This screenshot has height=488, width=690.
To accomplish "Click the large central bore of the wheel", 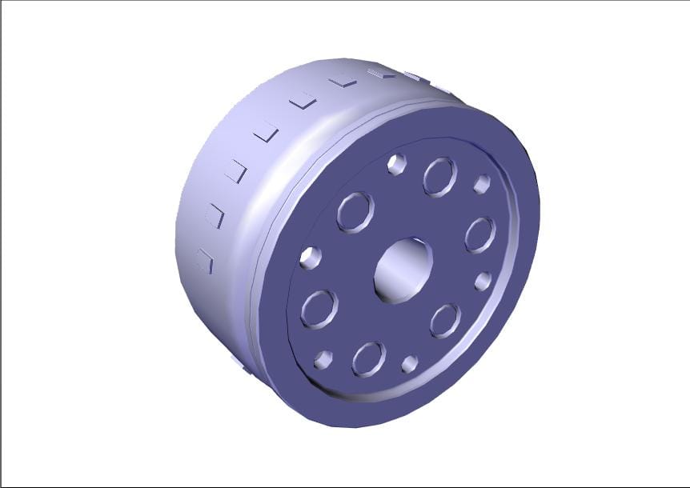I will (x=403, y=270).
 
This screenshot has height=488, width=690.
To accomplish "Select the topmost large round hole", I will (x=439, y=177).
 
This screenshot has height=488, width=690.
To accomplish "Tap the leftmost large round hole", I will (x=319, y=308).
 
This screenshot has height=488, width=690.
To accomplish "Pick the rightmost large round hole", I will (x=479, y=234).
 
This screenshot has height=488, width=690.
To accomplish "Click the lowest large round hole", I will (x=368, y=358).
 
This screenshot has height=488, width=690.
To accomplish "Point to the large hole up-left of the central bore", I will (x=355, y=212).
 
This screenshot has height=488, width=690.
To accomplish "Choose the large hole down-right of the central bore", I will (x=445, y=320).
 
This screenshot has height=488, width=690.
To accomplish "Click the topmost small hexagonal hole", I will (x=396, y=165).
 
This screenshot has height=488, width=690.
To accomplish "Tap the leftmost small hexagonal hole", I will (x=310, y=257).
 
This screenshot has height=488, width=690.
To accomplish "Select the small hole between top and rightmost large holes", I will (x=482, y=184).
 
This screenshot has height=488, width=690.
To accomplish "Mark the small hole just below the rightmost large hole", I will (x=483, y=281).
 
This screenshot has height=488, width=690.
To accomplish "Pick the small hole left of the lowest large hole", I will (x=323, y=359).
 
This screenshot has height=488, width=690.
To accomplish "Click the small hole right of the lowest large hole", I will (x=410, y=364).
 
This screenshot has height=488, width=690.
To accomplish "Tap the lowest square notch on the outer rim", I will (x=205, y=261).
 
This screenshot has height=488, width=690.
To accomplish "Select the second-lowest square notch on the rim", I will (x=215, y=216).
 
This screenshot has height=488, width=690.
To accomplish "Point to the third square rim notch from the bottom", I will (x=236, y=170).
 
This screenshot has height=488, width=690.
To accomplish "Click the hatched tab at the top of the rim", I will (x=381, y=74).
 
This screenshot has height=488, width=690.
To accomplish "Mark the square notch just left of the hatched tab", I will (x=343, y=80).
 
